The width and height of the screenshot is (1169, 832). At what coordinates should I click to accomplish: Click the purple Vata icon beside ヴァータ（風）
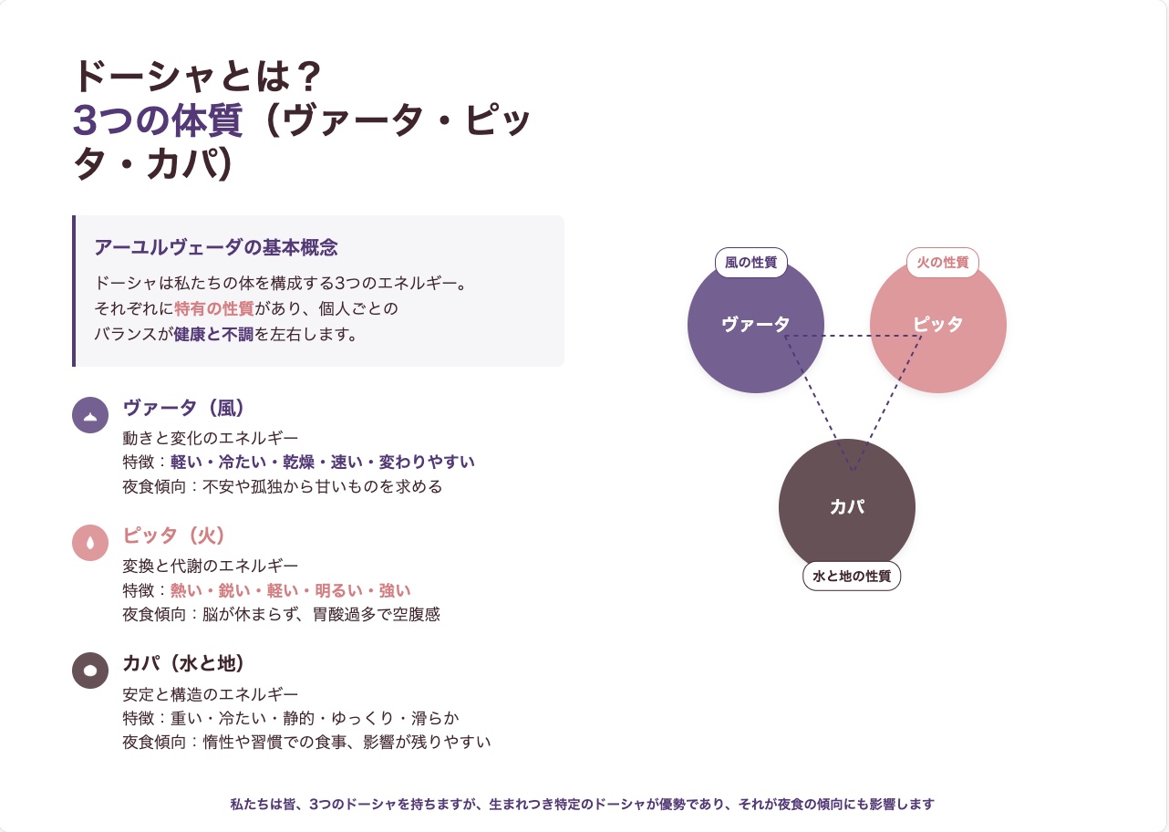pyautogui.click(x=90, y=415)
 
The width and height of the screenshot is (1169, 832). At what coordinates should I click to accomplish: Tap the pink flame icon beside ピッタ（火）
pyautogui.click(x=90, y=543)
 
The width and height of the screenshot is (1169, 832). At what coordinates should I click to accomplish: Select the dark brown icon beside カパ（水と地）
pyautogui.click(x=90, y=671)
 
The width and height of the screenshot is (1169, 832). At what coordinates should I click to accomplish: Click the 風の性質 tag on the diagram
pyautogui.click(x=751, y=262)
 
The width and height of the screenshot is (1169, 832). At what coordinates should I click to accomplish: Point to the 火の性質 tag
pyautogui.click(x=943, y=262)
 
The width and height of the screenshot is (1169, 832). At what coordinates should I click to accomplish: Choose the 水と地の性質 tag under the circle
pyautogui.click(x=852, y=576)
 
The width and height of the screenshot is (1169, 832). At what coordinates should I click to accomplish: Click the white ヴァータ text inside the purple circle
pyautogui.click(x=755, y=324)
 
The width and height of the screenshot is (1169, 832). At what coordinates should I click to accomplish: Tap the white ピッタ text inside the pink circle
pyautogui.click(x=937, y=324)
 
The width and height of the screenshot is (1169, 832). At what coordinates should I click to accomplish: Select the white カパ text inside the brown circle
pyautogui.click(x=847, y=506)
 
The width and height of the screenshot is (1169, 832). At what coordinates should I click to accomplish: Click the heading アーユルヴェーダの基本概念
pyautogui.click(x=216, y=247)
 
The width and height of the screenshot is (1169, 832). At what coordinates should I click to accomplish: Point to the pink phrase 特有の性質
pyautogui.click(x=214, y=308)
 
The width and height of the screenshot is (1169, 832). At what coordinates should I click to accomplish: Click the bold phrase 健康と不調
pyautogui.click(x=214, y=334)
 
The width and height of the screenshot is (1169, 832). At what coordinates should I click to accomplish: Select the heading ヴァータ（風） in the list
pyautogui.click(x=183, y=408)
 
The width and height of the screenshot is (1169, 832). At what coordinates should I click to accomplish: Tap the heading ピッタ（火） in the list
pyautogui.click(x=174, y=536)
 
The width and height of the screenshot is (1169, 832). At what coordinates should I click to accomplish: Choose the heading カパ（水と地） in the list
pyautogui.click(x=183, y=663)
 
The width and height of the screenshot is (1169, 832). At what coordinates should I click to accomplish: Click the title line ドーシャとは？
pyautogui.click(x=197, y=77)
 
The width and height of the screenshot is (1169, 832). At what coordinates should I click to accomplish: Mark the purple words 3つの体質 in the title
pyautogui.click(x=158, y=120)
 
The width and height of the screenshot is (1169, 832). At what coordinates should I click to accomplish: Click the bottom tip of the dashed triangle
pyautogui.click(x=853, y=471)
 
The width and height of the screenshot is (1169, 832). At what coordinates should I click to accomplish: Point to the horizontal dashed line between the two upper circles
pyautogui.click(x=853, y=336)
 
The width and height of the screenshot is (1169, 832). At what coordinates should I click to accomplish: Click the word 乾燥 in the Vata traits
pyautogui.click(x=298, y=462)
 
